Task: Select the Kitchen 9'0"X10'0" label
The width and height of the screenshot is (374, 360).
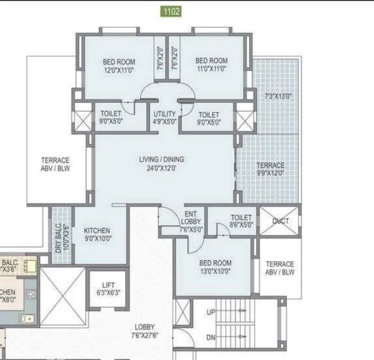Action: [97, 234]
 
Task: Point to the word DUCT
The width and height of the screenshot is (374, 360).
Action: [280, 221]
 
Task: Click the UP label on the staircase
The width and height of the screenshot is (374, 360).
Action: [211, 312]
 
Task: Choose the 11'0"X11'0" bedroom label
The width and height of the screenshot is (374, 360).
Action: [211, 65]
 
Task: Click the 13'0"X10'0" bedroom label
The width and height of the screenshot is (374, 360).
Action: [215, 267]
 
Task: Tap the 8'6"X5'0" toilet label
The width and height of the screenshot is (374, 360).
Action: [242, 221]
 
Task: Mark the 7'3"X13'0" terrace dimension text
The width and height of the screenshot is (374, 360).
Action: [278, 97]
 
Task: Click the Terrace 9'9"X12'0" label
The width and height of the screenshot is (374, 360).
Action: [271, 169]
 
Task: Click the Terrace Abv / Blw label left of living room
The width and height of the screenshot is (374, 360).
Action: [56, 164]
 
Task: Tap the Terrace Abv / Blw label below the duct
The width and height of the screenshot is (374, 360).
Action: [280, 268]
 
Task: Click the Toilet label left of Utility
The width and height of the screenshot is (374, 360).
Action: [111, 117]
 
